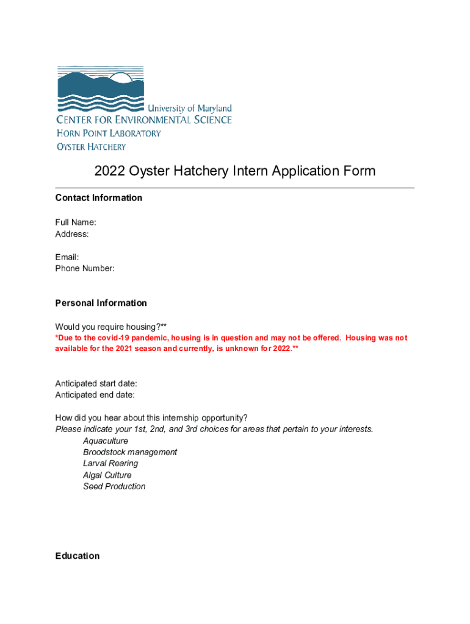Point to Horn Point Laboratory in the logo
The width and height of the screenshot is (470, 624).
[109, 133]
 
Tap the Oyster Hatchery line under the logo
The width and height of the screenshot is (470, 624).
[92, 146]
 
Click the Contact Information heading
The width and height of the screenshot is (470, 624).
[99, 197]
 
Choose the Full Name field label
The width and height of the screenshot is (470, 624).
[76, 222]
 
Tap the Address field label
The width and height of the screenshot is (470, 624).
[72, 234]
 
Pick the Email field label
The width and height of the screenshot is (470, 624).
[67, 257]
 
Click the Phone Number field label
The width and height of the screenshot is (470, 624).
[85, 268]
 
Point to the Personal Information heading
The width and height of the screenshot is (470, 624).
[101, 303]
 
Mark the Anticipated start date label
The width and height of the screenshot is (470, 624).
[96, 383]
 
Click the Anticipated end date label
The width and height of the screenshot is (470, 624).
[95, 395]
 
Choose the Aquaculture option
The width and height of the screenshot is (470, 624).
[106, 441]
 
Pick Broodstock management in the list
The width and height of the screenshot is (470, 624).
[130, 452]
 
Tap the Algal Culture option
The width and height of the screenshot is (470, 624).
[107, 475]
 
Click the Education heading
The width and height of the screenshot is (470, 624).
[78, 556]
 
